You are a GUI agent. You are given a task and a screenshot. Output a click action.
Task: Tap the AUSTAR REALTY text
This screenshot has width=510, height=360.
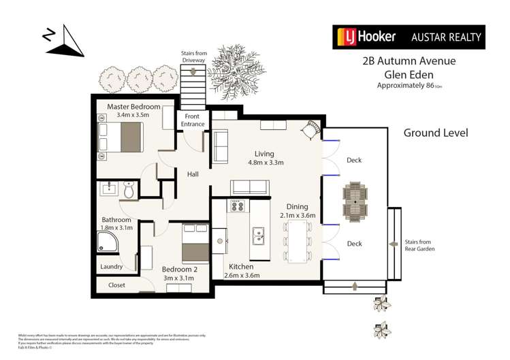tap(447, 37)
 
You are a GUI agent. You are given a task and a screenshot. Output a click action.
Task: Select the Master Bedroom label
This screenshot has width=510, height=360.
tap(133, 107)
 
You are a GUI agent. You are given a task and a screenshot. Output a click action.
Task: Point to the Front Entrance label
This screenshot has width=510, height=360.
tap(191, 120)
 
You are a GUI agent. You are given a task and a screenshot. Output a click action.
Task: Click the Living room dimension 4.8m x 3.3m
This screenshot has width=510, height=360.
tap(264, 163)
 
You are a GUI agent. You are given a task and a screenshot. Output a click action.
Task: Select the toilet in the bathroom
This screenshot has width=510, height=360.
tap(129, 190)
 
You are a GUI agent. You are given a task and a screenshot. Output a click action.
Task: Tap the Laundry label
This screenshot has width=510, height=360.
tap(112, 267)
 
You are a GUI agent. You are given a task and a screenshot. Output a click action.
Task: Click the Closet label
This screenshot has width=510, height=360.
tap(116, 285)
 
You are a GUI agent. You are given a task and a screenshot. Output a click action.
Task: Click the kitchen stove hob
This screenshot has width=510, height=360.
tap(237, 206)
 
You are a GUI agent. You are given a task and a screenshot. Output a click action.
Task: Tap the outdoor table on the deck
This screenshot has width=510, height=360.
tap(355, 201)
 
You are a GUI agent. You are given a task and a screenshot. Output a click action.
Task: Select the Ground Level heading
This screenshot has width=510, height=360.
tap(435, 133)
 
